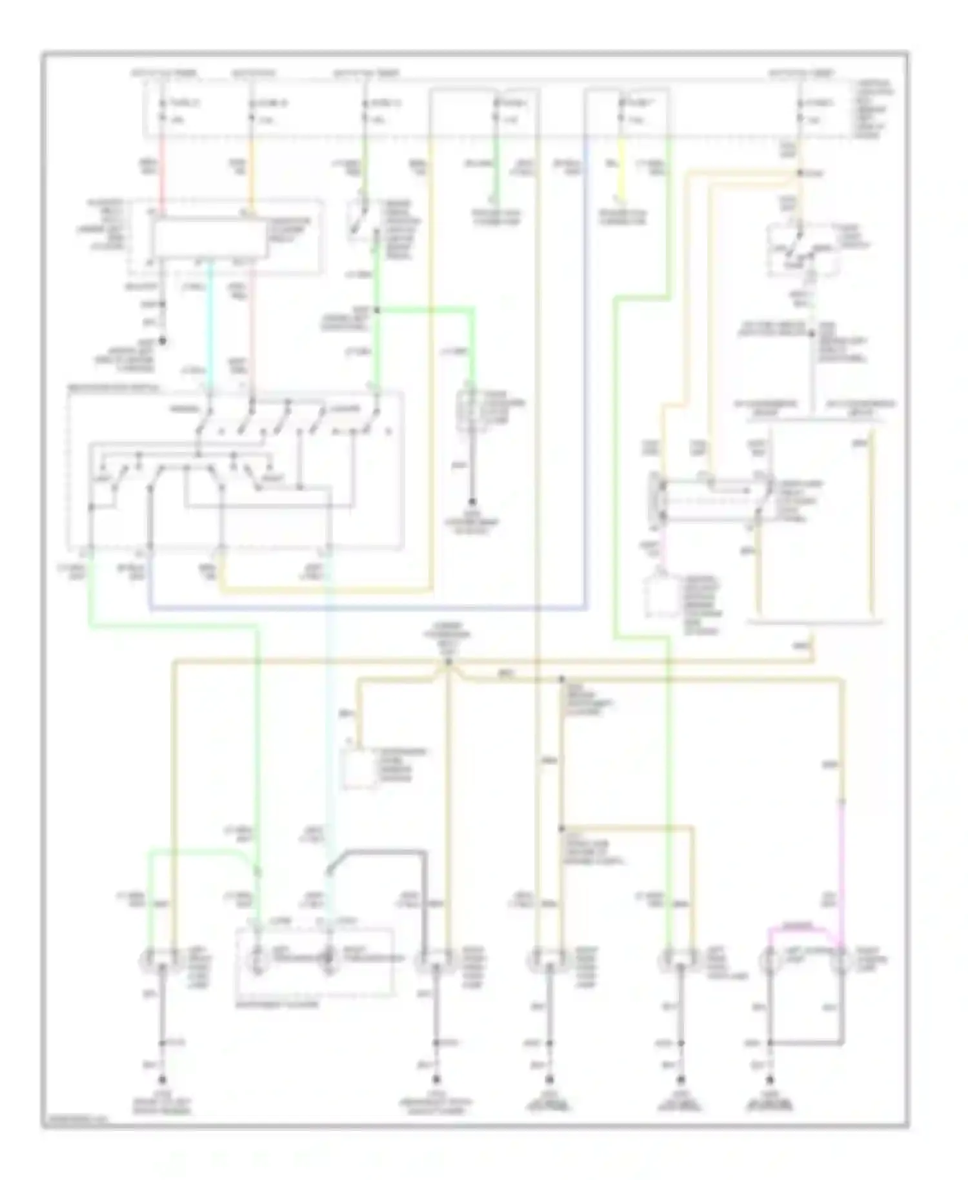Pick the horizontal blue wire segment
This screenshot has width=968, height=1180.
(368, 608)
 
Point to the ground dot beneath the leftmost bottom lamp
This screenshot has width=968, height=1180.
(162, 1079)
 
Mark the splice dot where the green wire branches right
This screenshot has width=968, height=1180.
(377, 310)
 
